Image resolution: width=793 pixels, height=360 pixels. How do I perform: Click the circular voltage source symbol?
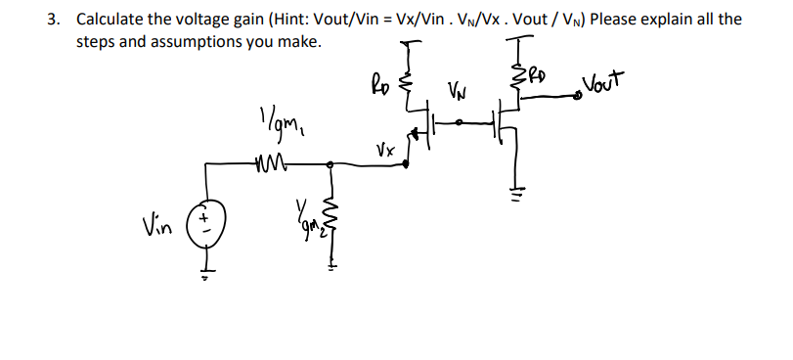click(x=207, y=218)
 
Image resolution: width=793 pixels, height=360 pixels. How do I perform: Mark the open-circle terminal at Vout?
click(x=579, y=95)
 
